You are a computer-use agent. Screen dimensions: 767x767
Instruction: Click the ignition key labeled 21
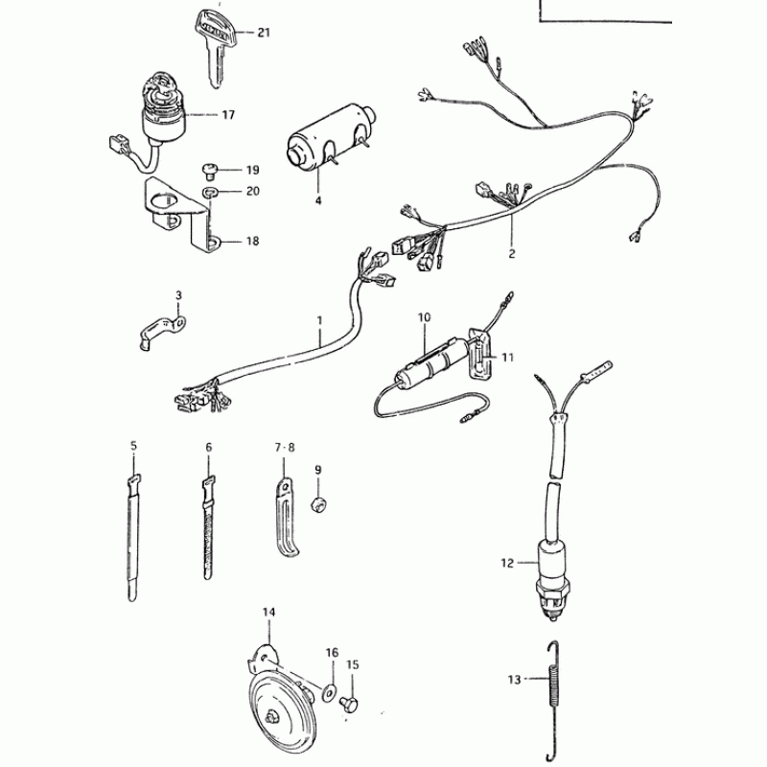click(214, 38)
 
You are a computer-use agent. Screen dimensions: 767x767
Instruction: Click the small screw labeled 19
click(209, 172)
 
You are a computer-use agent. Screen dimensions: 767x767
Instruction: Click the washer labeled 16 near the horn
click(331, 690)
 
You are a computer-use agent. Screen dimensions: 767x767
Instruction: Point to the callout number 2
click(512, 254)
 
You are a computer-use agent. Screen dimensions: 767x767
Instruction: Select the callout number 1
click(320, 317)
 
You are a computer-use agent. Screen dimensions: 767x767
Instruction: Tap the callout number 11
click(508, 357)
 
